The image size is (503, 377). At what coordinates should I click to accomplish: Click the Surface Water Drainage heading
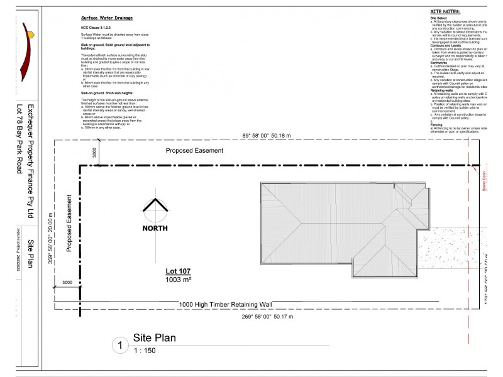(x=107, y=19)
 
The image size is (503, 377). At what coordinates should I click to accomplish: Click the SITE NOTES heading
(x=446, y=11)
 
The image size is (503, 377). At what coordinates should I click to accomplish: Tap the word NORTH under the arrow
(x=155, y=228)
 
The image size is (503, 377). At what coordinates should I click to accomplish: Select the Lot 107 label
(x=179, y=271)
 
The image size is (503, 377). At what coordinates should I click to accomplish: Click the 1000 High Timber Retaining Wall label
(x=226, y=305)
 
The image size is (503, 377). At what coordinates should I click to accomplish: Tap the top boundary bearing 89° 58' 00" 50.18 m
(x=272, y=135)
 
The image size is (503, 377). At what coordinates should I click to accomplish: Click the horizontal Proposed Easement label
(x=194, y=151)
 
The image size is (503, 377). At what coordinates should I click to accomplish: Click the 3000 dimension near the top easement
(x=94, y=153)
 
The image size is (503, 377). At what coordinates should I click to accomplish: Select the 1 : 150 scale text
(x=144, y=351)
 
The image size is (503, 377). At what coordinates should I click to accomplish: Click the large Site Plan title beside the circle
(x=155, y=338)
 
